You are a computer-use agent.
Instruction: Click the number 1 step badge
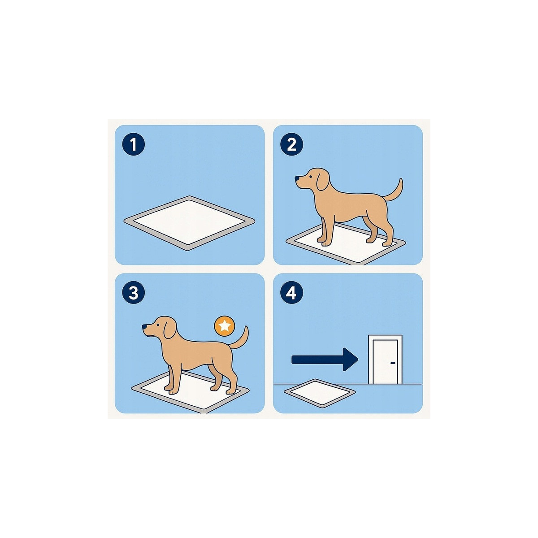(134, 145)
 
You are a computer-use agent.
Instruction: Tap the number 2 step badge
(292, 145)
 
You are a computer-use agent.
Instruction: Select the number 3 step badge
(134, 294)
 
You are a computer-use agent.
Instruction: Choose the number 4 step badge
(292, 294)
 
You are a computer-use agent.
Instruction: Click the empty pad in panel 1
(189, 222)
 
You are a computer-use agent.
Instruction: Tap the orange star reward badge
(225, 326)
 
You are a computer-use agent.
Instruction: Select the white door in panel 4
(385, 361)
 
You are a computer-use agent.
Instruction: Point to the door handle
(393, 363)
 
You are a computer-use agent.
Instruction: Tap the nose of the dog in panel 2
(296, 179)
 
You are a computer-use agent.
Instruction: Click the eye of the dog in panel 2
(308, 176)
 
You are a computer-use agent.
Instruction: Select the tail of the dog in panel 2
(396, 190)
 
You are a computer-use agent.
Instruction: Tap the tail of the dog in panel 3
(242, 338)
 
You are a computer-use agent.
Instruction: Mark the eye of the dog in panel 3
(156, 324)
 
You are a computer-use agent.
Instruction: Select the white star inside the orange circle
(225, 326)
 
